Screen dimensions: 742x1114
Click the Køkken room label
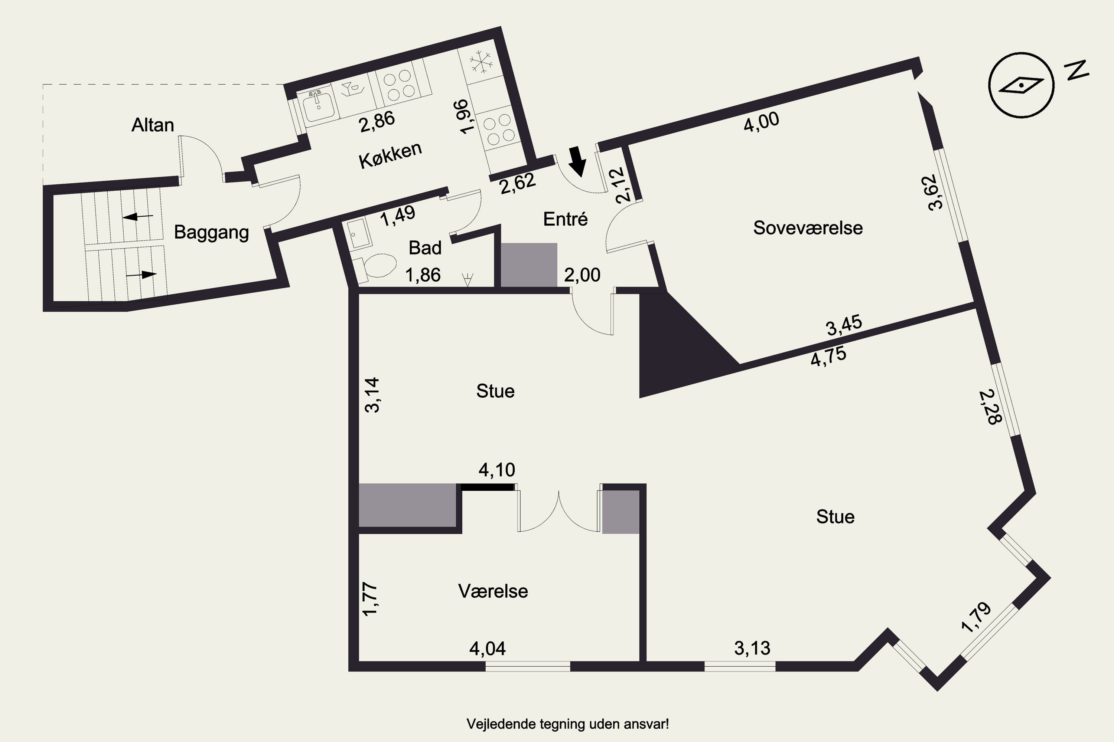point(390,155)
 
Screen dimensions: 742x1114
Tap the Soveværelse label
point(808,228)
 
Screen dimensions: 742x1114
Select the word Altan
point(153,125)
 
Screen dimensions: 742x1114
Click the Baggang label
point(211,232)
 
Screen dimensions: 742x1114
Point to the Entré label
point(565,219)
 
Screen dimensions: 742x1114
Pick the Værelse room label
point(493,591)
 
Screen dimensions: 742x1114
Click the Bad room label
point(425,248)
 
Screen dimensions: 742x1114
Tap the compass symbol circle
point(1021,85)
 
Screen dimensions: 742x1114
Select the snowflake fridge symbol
point(481,62)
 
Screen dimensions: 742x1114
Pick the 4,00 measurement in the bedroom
point(761,122)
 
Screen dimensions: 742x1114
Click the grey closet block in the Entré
point(528,265)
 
